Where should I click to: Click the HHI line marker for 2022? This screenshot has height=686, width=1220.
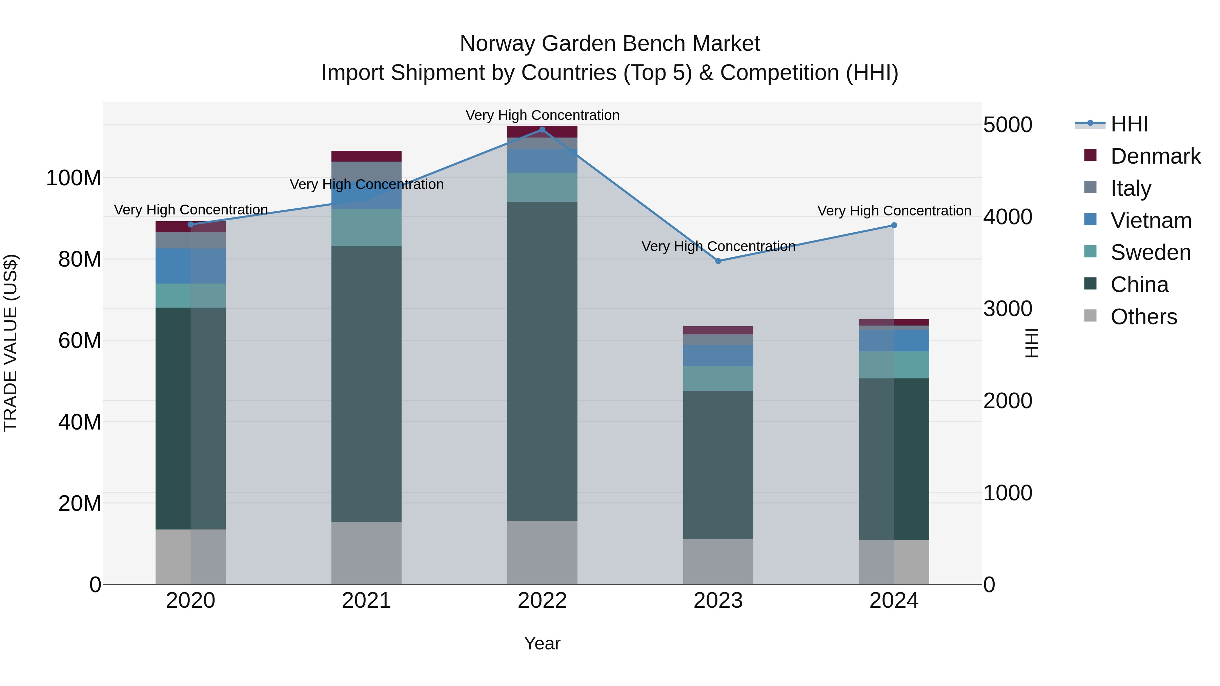tap(542, 130)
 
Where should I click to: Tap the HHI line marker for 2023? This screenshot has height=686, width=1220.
tap(718, 261)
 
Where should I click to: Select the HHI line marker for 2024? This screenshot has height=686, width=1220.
tap(894, 225)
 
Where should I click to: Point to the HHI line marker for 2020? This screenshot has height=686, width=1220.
tap(191, 224)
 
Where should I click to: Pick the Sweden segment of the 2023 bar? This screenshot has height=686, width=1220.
tap(718, 378)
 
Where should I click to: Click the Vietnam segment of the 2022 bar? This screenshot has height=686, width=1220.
tap(542, 161)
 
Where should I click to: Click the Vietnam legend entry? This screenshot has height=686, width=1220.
tap(1151, 221)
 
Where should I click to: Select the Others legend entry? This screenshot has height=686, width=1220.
tap(1143, 317)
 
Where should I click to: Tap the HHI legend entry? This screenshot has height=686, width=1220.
tap(1129, 124)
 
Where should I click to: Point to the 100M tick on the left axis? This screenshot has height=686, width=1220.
tap(74, 179)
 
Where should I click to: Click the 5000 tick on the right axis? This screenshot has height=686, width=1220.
tap(1008, 125)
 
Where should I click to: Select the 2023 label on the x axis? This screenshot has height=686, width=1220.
tap(718, 601)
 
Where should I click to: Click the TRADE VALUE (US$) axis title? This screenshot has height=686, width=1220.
tap(11, 343)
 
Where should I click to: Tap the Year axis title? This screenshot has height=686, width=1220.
tap(542, 643)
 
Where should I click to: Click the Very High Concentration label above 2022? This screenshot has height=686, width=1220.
tap(542, 115)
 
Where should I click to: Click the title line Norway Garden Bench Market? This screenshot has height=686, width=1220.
tap(610, 44)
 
